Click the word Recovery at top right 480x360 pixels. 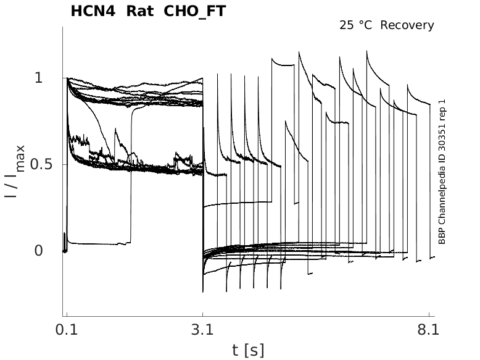pos(407,25)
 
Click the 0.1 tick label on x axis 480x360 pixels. pos(66,330)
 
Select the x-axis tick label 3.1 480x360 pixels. pos(202,330)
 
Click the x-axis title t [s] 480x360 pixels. pos(248,351)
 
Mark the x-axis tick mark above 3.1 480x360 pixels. pos(203,316)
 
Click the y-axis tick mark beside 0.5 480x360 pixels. pos(65,164)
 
